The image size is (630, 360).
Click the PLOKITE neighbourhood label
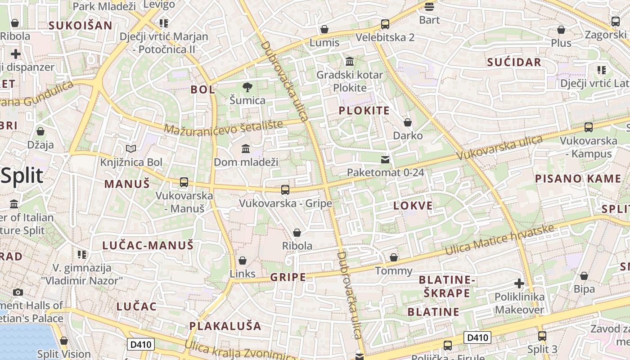364,111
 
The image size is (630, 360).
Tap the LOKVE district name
413,206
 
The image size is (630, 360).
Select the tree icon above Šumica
247,87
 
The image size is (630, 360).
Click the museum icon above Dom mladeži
246,148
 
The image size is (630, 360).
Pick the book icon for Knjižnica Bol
131,148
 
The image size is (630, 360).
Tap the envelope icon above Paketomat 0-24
385,159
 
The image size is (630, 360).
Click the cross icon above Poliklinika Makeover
519,283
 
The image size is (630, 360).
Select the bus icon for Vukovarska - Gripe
285,190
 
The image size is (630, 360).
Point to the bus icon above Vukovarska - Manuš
184,182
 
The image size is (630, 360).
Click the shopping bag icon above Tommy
394,257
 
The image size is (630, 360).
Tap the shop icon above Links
243,261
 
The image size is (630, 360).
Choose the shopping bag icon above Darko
408,122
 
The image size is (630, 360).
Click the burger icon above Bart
429,6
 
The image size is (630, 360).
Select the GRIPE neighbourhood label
288,277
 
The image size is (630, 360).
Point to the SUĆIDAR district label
514,62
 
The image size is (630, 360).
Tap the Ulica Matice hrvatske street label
499,239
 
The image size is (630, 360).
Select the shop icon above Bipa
584,276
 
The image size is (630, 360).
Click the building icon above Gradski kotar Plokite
350,61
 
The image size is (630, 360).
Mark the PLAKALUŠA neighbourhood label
225,326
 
